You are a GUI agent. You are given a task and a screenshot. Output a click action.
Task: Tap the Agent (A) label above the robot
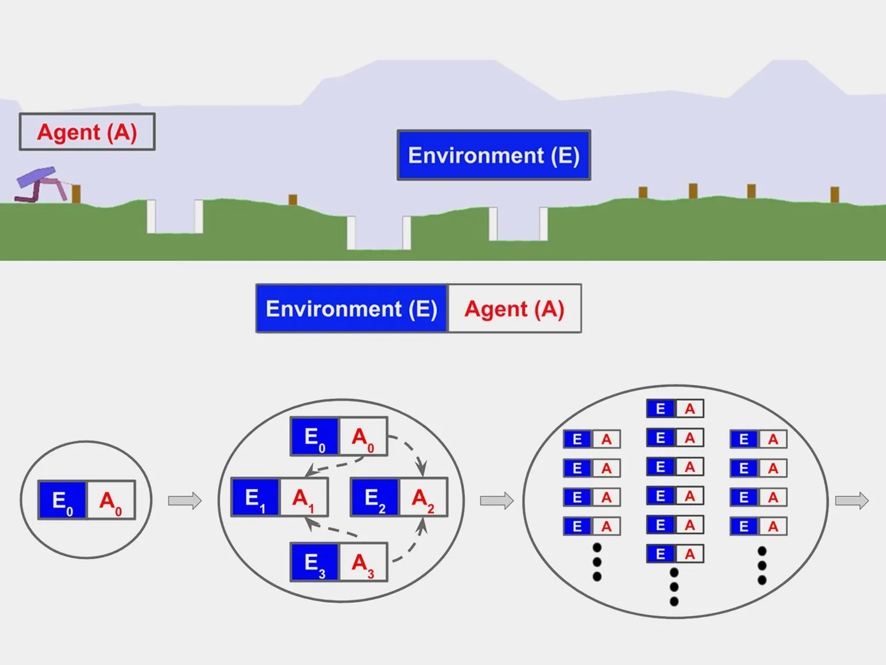coord(87,132)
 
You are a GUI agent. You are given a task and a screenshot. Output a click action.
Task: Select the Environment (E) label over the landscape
coord(494,155)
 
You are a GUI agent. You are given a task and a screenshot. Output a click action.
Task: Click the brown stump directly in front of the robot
coord(76,193)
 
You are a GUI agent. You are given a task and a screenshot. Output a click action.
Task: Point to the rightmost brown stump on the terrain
coord(834,194)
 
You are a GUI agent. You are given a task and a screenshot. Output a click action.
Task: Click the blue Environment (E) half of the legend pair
coord(352,309)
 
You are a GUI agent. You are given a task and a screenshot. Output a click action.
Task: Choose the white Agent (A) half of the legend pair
coord(514,309)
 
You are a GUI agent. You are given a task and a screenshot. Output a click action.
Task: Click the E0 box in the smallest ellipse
coord(62,500)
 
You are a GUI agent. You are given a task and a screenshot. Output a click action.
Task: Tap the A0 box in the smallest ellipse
coord(110,500)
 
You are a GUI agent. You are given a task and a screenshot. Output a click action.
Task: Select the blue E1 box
coord(255,497)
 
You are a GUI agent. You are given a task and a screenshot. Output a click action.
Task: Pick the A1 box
coord(303,497)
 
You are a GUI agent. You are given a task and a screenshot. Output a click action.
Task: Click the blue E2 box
coord(375,497)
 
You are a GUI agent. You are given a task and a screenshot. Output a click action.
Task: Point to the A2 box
coord(423,497)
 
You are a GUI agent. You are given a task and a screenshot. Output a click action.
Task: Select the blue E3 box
coord(315,562)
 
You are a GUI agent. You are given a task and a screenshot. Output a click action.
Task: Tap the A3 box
coord(362,562)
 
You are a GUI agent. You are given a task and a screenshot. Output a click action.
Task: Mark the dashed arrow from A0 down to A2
coord(413,449)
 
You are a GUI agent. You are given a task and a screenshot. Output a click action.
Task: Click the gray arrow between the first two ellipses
coord(185,500)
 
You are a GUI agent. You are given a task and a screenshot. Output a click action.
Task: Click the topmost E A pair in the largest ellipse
coord(675,409)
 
